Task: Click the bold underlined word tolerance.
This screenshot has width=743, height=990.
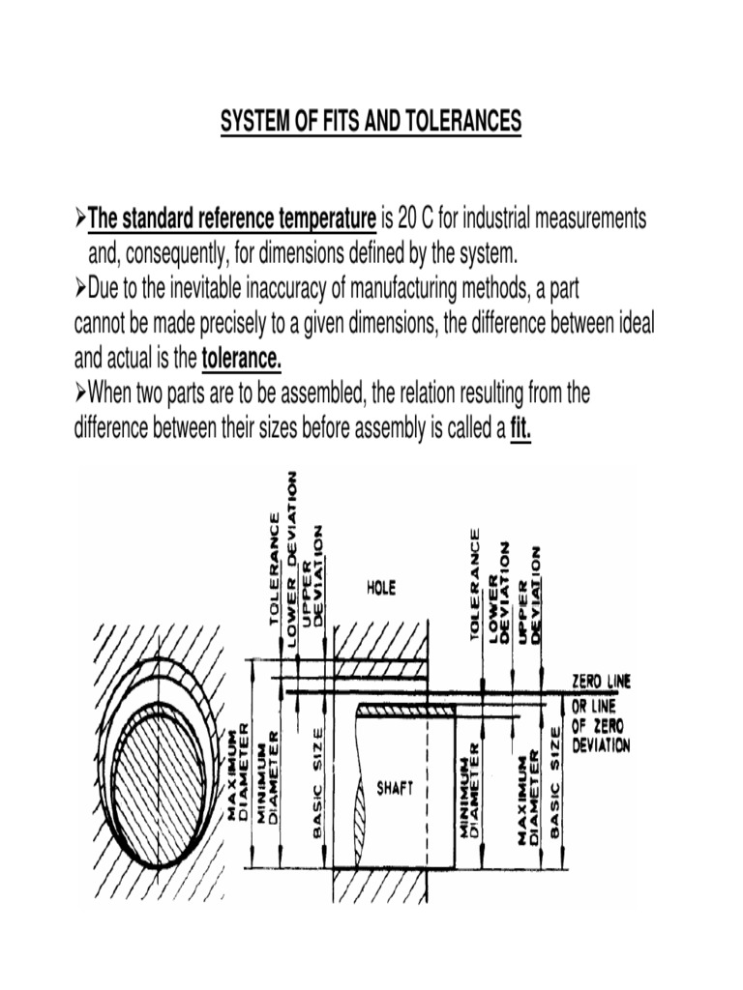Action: tap(242, 361)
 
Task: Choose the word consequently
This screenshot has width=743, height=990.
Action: tap(178, 254)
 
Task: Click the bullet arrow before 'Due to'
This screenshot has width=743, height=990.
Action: tap(80, 289)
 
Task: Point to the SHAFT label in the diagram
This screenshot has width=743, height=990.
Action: tap(394, 788)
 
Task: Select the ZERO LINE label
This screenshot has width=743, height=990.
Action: tap(601, 682)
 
